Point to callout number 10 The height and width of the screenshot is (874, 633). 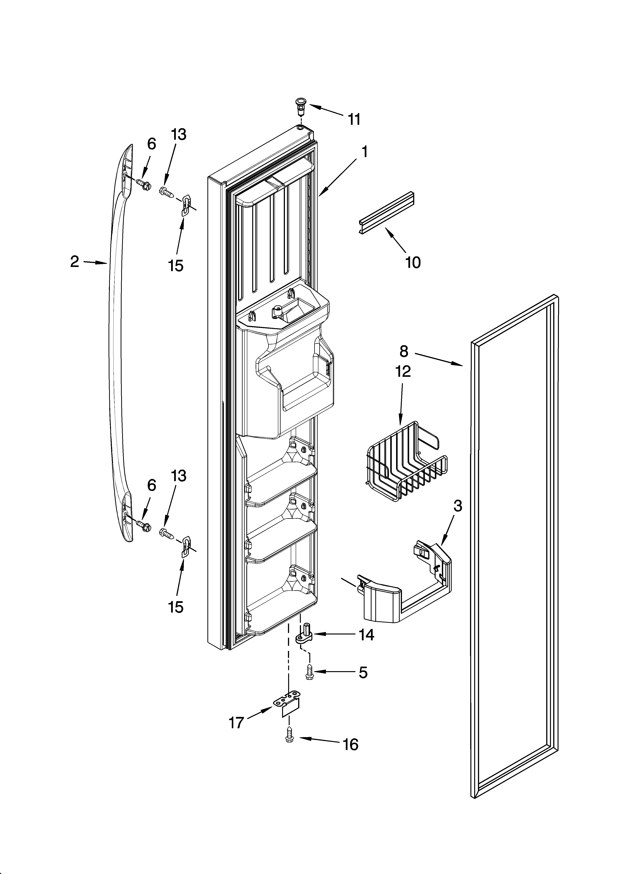(413, 262)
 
